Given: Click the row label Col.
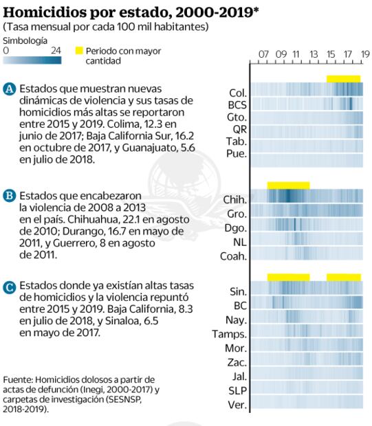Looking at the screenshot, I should [237, 92].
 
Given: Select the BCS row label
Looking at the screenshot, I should [237, 104].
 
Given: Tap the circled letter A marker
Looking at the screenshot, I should [10, 89].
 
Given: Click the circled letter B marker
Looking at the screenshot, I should [10, 195].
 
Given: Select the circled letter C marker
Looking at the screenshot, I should [10, 287].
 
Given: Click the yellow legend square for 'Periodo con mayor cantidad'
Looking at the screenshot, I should [79, 51].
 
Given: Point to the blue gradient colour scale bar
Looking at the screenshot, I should [32, 60].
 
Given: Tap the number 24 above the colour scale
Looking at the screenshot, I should [56, 50].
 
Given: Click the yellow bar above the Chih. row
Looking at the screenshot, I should [288, 186].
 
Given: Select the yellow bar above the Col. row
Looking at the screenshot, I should [343, 78].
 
